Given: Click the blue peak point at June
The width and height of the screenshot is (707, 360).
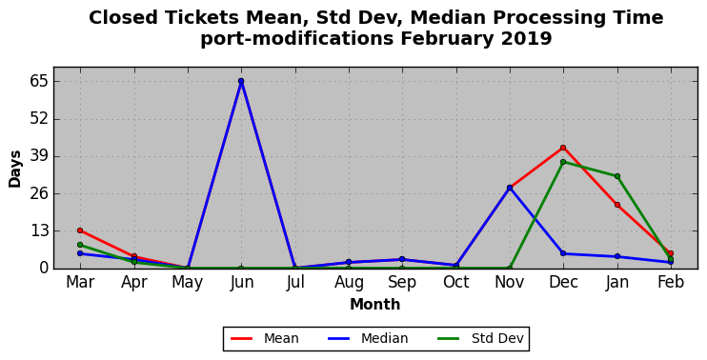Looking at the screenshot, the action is [241, 81].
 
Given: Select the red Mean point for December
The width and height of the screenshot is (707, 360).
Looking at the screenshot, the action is [563, 148].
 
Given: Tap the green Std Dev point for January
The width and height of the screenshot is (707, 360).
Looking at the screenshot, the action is [617, 176].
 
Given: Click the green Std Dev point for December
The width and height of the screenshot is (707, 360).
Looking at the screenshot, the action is [563, 162].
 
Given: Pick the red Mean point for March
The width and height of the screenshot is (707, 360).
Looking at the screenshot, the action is [80, 230].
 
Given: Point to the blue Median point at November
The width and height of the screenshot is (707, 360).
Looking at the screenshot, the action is [510, 188].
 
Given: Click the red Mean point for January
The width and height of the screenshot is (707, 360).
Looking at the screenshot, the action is [617, 205].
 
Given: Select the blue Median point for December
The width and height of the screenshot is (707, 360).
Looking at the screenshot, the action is [563, 253].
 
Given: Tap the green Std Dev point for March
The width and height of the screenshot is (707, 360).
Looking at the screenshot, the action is [80, 245].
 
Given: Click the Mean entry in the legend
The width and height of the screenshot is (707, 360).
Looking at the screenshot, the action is [265, 338].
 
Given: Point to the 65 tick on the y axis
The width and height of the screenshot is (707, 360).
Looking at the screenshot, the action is [38, 82].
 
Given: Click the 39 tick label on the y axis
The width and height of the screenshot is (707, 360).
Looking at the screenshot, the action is [38, 157].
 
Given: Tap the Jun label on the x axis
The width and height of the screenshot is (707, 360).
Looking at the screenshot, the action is [242, 283].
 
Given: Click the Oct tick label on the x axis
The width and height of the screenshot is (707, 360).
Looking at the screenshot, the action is [456, 283].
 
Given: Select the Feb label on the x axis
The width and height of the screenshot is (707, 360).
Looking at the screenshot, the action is [671, 283].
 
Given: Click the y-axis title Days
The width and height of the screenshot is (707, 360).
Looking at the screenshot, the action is [15, 169].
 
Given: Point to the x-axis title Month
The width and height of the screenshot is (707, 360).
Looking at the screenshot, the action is [375, 305].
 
